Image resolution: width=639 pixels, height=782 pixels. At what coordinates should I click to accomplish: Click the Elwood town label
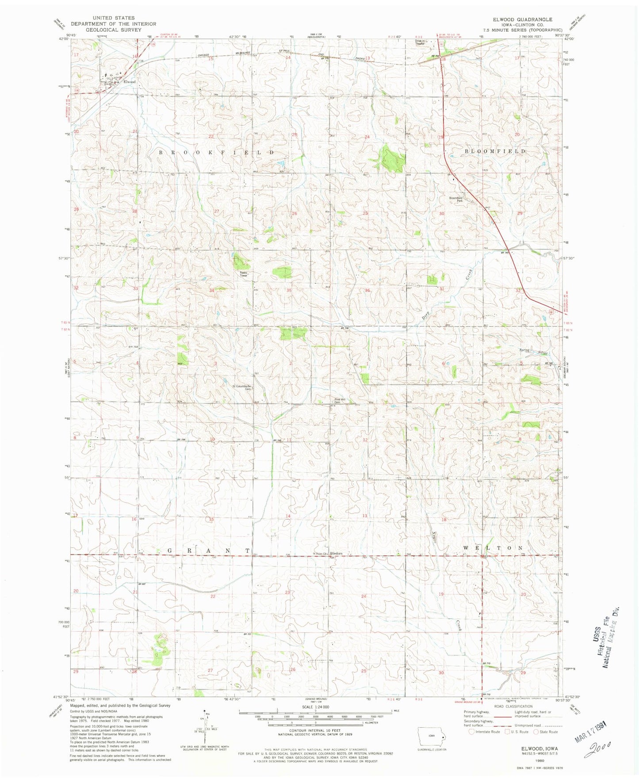(130, 82)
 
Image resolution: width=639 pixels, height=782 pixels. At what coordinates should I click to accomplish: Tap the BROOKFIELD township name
(216, 152)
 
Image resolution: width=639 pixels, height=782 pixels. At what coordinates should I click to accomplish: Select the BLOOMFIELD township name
(495, 151)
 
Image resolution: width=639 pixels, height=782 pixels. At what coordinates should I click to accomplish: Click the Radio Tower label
(244, 274)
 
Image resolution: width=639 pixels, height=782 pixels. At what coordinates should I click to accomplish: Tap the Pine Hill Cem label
(340, 401)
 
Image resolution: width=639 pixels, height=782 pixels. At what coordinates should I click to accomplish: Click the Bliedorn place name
(337, 554)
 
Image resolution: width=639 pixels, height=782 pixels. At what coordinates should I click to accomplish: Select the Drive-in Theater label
(420, 42)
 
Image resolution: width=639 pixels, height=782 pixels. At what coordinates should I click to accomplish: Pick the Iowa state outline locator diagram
(432, 737)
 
